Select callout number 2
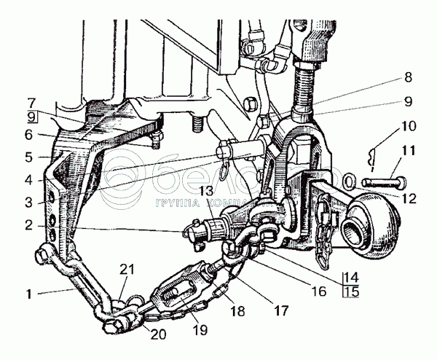[x=28, y=227]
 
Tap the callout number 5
[x=28, y=157]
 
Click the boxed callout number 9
[x=29, y=117]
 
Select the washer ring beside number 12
[x=348, y=179]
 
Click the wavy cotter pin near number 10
[x=374, y=154]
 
